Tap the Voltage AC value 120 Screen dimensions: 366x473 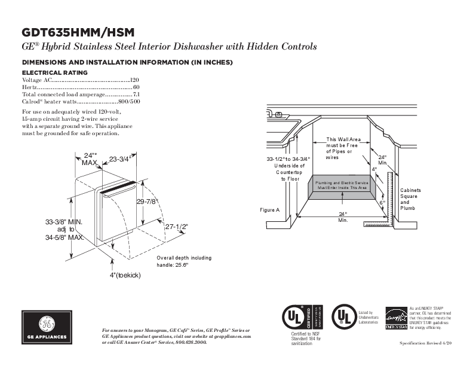point(134,80)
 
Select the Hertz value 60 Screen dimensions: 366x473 point(136,87)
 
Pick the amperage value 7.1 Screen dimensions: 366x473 point(136,94)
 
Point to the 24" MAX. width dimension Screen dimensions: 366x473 point(90,158)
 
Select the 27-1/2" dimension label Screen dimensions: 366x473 point(177,227)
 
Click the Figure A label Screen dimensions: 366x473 point(269,211)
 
